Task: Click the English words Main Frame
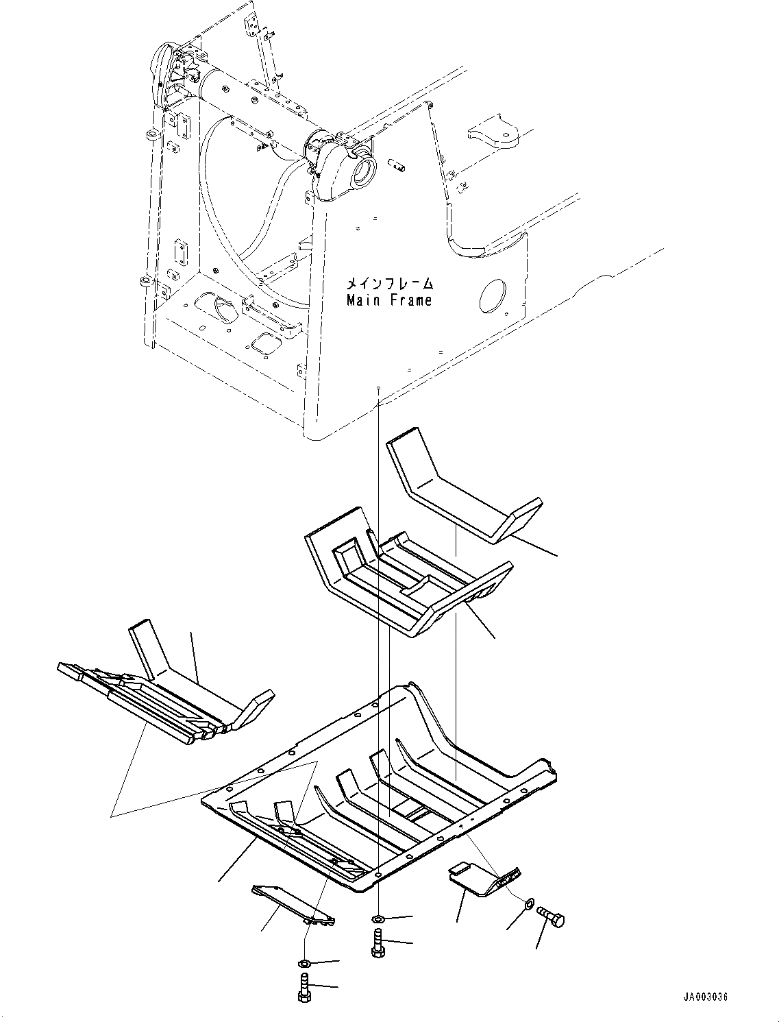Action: (389, 300)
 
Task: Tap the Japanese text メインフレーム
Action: (389, 282)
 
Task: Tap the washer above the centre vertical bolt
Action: (379, 918)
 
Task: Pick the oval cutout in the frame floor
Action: (218, 306)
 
